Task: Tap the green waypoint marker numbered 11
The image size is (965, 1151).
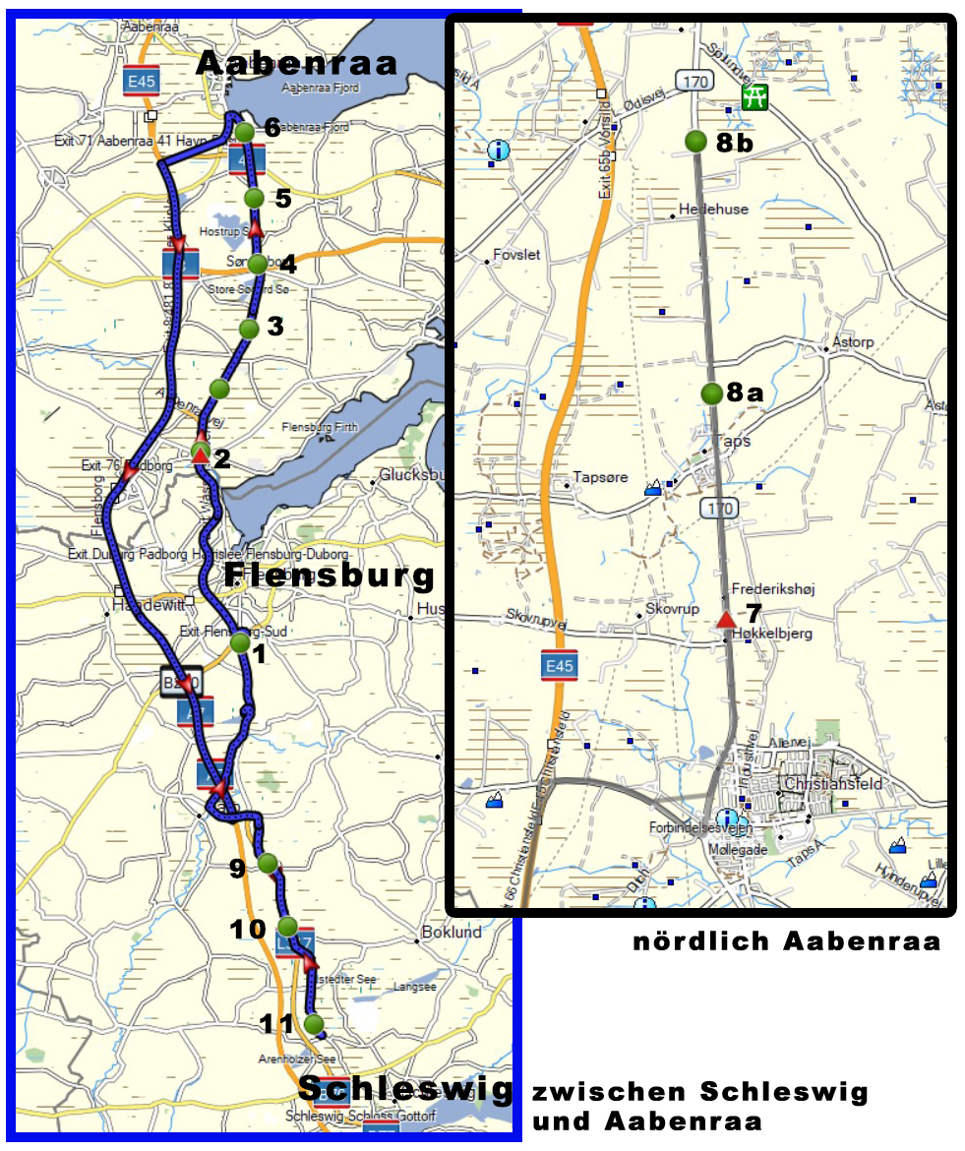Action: click(x=314, y=1024)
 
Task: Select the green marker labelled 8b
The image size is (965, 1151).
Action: click(x=696, y=142)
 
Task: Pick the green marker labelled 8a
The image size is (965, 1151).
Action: click(x=712, y=394)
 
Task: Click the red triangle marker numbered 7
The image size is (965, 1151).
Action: click(x=725, y=619)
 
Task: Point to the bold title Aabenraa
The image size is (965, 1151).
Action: click(x=297, y=64)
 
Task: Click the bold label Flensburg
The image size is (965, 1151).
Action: click(x=330, y=575)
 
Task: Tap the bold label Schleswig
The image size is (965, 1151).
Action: click(x=405, y=1088)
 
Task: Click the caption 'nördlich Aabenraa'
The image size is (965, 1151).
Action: click(x=786, y=941)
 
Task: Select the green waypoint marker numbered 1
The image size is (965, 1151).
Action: click(x=240, y=643)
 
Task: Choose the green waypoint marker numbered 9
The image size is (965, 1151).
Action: click(x=268, y=863)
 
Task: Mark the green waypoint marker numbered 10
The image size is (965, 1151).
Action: click(x=287, y=926)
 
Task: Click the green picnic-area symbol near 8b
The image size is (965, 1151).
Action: click(x=755, y=97)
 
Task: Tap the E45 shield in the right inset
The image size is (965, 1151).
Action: click(x=559, y=666)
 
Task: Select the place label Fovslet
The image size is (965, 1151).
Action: click(x=516, y=255)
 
